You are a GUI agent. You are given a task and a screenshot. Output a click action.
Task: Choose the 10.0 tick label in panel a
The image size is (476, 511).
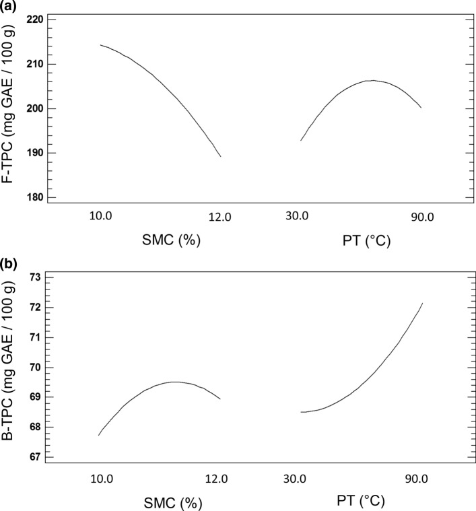pyautogui.click(x=101, y=217)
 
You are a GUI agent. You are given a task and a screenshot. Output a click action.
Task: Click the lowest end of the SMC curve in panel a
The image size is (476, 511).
pyautogui.click(x=221, y=156)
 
